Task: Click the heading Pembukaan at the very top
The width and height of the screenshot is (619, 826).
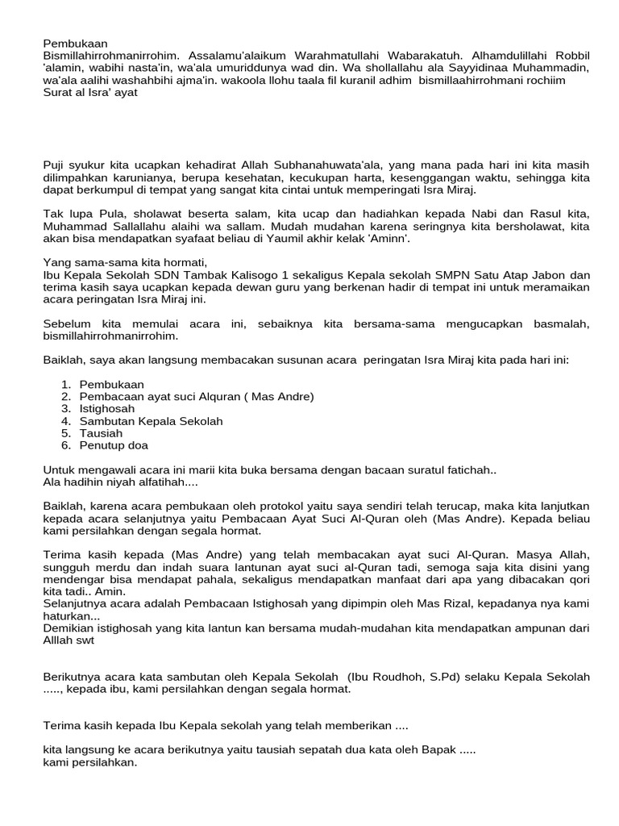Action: tap(75, 43)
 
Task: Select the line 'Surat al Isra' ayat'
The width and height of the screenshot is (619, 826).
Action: tap(90, 92)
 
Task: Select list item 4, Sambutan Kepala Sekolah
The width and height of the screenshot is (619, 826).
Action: tap(151, 421)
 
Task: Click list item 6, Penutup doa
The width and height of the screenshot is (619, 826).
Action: tap(114, 445)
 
